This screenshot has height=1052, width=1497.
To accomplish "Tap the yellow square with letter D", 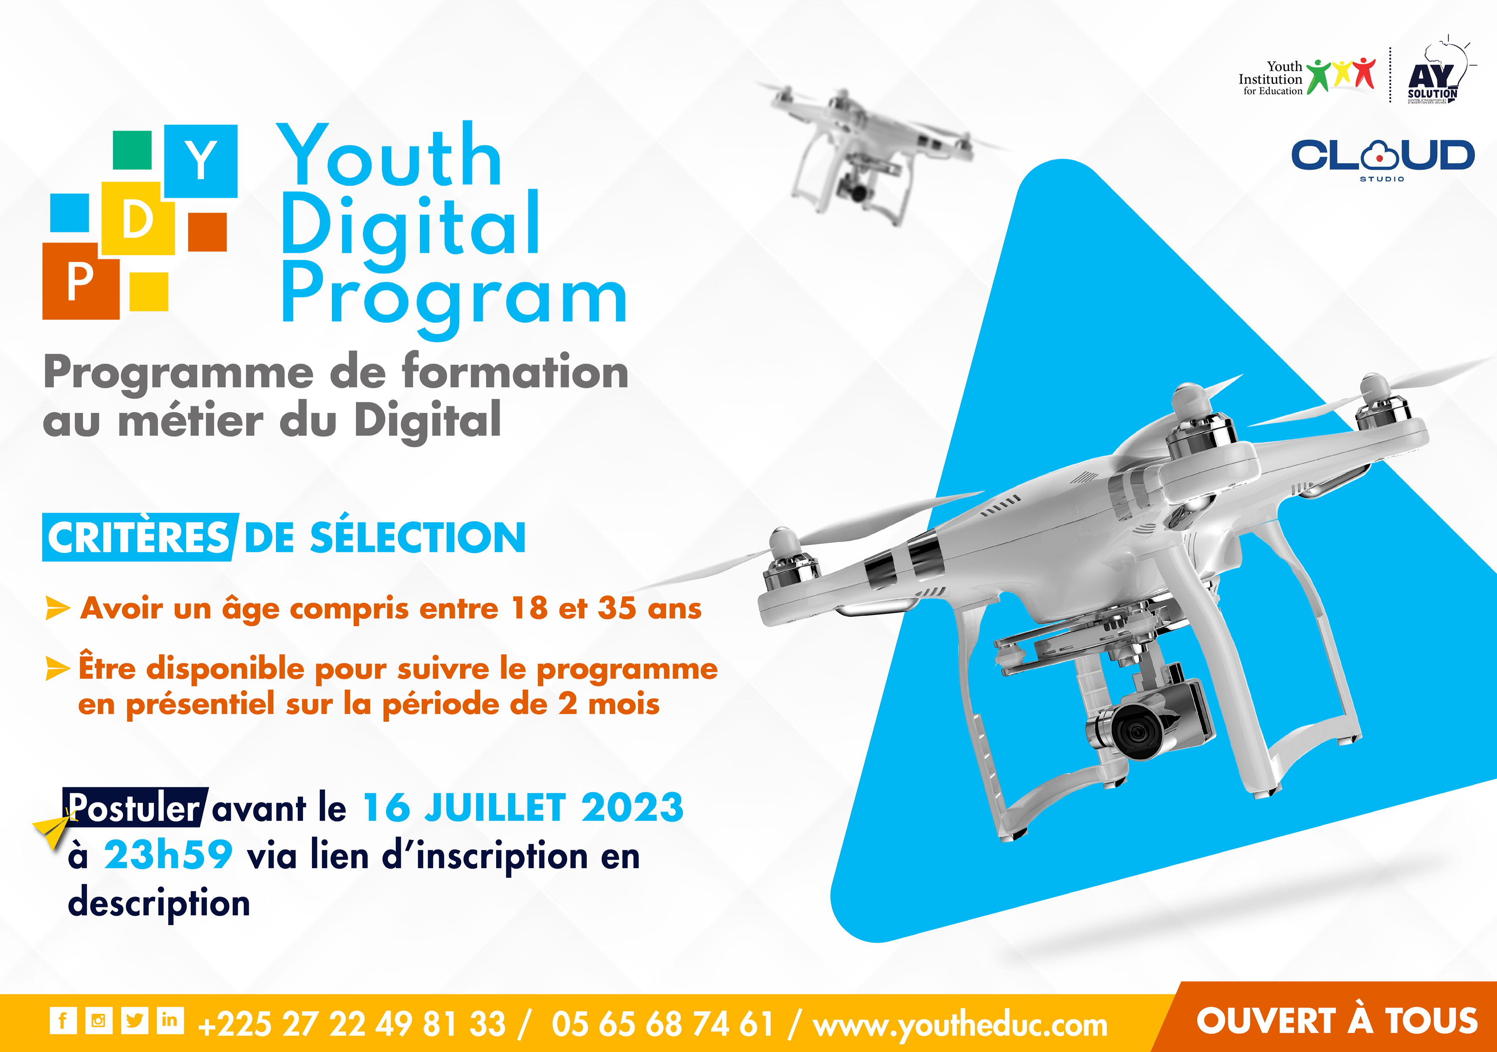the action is pos(138,218).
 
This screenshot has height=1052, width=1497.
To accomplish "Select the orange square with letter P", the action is pos(81,281).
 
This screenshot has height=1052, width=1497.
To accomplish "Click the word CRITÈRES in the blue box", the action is pos(138,538).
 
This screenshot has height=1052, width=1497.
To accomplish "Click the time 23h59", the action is pos(168,855).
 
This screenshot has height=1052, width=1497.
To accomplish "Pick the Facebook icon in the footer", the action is pos(63,1020).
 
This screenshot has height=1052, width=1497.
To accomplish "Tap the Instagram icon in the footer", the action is pos(98,1020).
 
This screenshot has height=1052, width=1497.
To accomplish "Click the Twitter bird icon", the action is pos(134,1020).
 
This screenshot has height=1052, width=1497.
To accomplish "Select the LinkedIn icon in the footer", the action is pos(170,1020).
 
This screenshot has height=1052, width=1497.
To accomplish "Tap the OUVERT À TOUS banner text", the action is pos(1336,1021).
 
